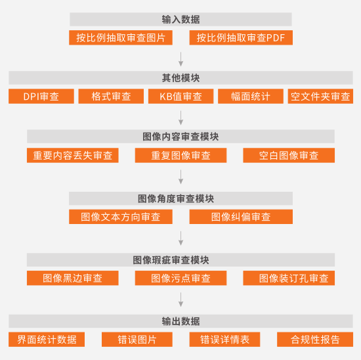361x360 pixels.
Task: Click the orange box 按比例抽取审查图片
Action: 121,37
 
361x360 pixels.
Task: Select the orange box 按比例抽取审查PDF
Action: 241,37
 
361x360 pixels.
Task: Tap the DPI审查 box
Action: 41,97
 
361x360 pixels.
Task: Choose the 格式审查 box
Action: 111,97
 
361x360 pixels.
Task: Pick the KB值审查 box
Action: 180,97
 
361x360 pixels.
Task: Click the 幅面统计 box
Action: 251,97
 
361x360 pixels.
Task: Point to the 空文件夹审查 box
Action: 320,97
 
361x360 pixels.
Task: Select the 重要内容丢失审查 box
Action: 73,155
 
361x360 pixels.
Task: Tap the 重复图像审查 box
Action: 180,155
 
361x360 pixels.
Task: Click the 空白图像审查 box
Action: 289,155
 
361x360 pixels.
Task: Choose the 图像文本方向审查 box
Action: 121,217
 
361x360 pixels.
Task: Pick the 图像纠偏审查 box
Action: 241,217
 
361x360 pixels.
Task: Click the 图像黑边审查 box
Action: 73,278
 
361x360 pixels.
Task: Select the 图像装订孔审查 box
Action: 289,278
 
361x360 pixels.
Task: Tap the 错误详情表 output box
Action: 224,339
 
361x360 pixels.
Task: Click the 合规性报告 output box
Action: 315,339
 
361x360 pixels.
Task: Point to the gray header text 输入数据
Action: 180,19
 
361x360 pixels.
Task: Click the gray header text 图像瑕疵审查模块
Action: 171,260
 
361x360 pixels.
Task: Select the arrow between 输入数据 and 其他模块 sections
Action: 181,59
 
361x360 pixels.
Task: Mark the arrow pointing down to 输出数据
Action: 181,300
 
